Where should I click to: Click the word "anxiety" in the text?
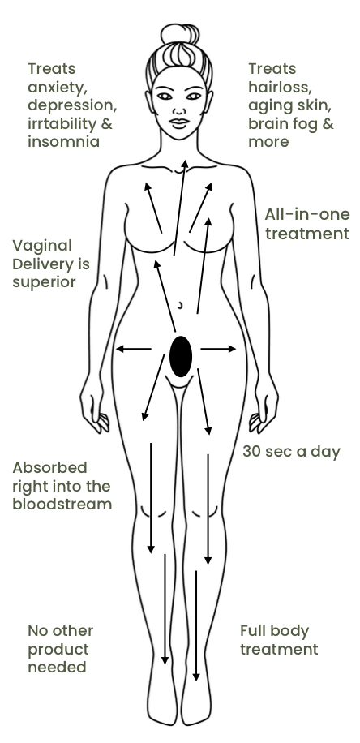pos(57,88)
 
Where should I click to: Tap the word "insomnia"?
pos(63,142)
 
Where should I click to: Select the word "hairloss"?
pos(280,87)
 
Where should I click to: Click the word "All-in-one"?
pos(307,214)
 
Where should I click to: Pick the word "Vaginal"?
pos(42,246)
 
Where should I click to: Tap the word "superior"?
pos(44,282)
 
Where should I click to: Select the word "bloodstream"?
pos(62,504)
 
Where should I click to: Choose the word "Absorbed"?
pos(49,468)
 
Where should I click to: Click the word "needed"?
pos(57,668)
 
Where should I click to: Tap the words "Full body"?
pos(274,632)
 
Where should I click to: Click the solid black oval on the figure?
pos(181,356)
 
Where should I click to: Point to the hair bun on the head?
pos(179,34)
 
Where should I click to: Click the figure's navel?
pos(180,305)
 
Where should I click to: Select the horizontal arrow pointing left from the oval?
pos(134,350)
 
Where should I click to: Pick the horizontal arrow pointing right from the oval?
pos(218,350)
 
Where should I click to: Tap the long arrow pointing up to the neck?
pos(179,208)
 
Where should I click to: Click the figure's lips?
pos(179,122)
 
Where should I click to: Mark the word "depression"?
pos(72,105)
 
